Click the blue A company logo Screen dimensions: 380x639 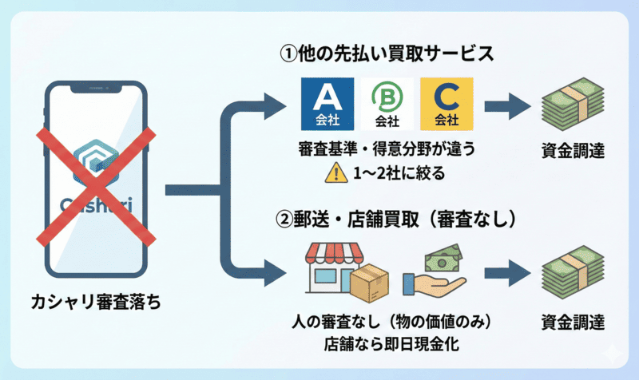point(326,105)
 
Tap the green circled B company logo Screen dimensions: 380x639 point(387,105)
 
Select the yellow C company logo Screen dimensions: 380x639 point(447,105)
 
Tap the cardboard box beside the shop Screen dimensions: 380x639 point(368,285)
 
